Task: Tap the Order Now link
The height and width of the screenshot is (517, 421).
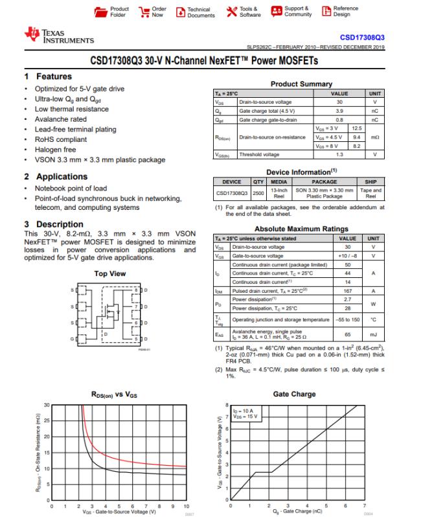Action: (x=157, y=12)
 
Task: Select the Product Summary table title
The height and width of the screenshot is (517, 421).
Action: (x=301, y=84)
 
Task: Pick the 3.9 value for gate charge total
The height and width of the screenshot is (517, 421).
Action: (x=339, y=111)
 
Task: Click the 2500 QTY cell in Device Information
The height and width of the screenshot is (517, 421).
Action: (x=258, y=192)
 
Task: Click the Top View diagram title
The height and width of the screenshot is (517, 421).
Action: (x=110, y=274)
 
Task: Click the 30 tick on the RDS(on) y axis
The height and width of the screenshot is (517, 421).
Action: (x=46, y=405)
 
